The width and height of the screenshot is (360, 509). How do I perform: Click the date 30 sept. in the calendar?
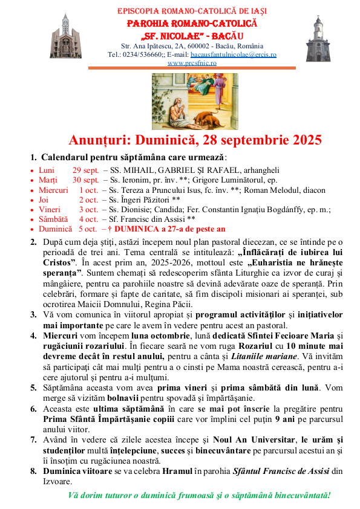pos(85,180)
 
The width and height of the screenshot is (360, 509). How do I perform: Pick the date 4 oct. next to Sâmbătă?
pos(88,219)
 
